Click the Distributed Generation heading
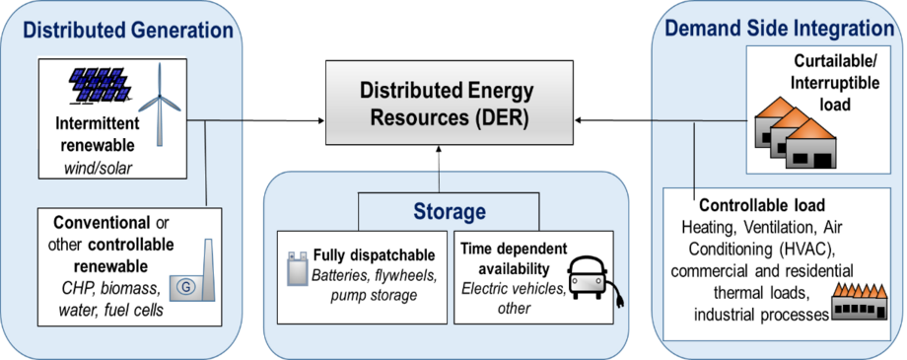120,29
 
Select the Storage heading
451,211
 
